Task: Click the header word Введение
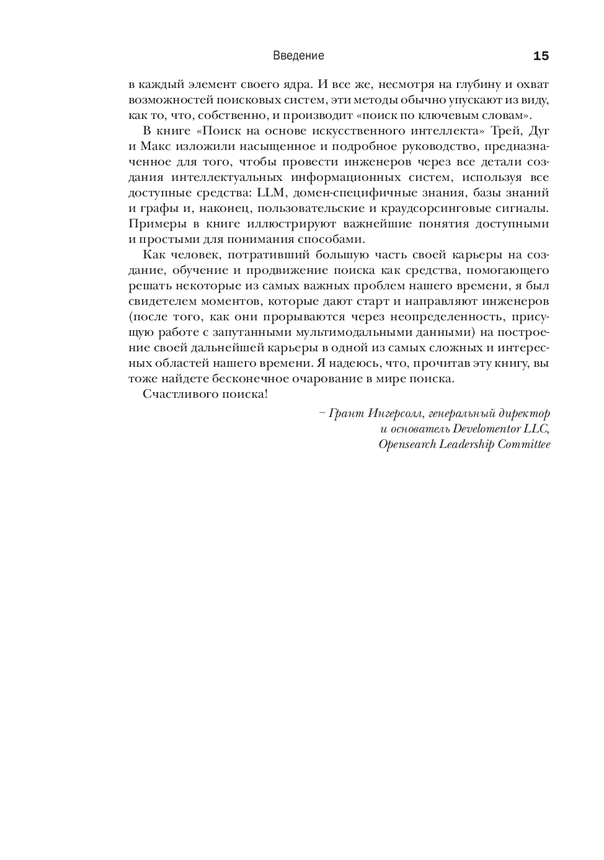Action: click(x=298, y=56)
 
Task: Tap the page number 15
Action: click(x=541, y=56)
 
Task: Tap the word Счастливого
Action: click(x=175, y=394)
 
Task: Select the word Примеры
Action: click(x=153, y=224)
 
